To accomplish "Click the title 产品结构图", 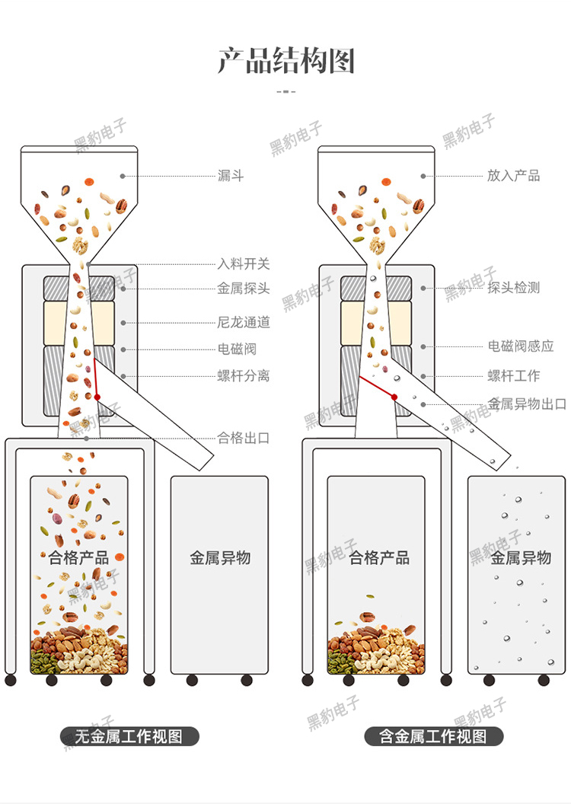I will (286, 61).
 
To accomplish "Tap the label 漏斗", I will (231, 176).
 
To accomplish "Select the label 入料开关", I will (244, 264).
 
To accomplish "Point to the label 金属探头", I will (244, 289).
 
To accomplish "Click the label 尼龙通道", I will (244, 322).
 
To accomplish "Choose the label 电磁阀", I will (238, 349).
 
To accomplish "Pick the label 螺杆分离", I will (244, 376).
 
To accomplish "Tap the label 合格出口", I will (244, 438).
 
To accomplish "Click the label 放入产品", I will (514, 176).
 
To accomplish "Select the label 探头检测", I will (514, 288).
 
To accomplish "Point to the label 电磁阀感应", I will (521, 346).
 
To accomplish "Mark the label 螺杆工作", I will (514, 376).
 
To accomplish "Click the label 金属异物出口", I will (527, 404).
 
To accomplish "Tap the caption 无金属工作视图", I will (129, 736).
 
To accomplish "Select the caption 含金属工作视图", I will (432, 736).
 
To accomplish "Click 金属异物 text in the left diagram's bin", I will (220, 558).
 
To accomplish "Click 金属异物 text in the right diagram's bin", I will (520, 558).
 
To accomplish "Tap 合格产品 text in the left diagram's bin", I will (78, 558).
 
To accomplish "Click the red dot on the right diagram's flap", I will (394, 397).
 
